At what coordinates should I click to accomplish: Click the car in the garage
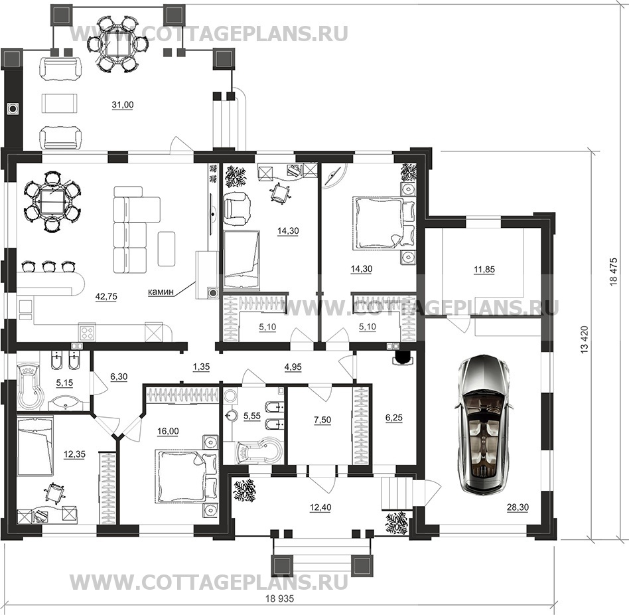click(x=484, y=424)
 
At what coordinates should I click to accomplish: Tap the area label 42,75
click(x=106, y=297)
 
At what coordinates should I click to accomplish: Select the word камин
click(x=161, y=292)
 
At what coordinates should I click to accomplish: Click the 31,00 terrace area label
click(x=123, y=105)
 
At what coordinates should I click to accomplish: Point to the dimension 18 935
click(x=279, y=598)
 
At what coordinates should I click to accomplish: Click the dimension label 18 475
click(x=613, y=272)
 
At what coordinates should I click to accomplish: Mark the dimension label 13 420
click(x=585, y=339)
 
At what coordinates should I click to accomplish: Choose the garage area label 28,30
click(x=518, y=507)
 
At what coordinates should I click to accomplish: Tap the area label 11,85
click(x=484, y=270)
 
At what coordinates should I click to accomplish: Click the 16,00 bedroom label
click(x=168, y=432)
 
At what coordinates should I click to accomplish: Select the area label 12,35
click(x=74, y=454)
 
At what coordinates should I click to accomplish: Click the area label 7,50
click(x=322, y=420)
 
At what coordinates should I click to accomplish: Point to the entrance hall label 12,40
click(x=320, y=508)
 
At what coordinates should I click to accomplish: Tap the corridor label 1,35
click(x=202, y=367)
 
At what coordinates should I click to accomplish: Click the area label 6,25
click(x=393, y=418)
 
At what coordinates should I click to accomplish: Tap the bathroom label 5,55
click(x=252, y=416)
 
